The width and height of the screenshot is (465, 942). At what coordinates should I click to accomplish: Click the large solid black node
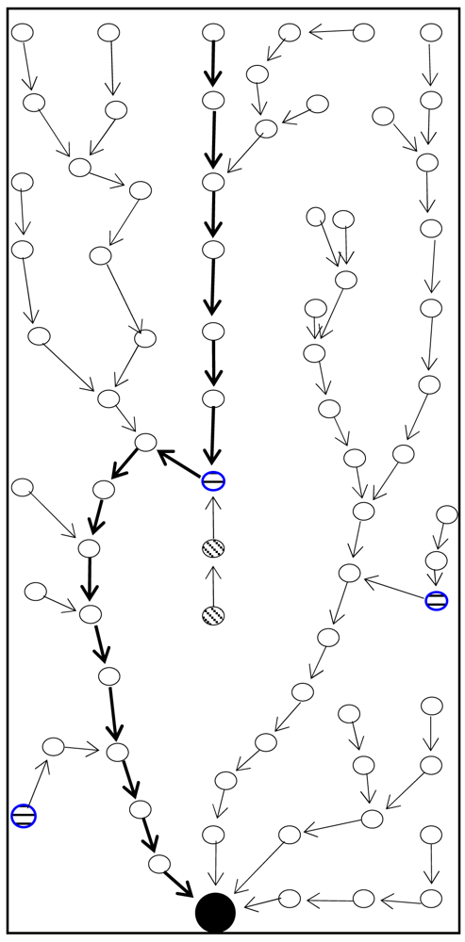[x=215, y=912]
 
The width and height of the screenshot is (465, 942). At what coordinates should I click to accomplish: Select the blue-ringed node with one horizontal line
[x=213, y=481]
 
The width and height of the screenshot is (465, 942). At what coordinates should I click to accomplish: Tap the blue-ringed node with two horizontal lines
[x=436, y=600]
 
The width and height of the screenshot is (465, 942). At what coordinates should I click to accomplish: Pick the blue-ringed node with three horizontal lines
[x=24, y=816]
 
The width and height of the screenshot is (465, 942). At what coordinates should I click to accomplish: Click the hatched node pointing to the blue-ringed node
[x=213, y=548]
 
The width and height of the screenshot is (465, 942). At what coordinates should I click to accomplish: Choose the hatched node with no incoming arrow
[x=213, y=616]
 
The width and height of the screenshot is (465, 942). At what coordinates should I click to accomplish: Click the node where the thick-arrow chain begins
[x=213, y=33]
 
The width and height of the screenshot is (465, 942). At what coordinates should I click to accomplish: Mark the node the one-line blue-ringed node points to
[x=145, y=442]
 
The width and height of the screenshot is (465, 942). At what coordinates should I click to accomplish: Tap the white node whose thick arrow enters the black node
[x=158, y=862]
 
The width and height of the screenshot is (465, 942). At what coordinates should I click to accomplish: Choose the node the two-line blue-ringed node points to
[x=350, y=572]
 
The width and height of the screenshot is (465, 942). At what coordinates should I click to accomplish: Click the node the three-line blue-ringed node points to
[x=53, y=746]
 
